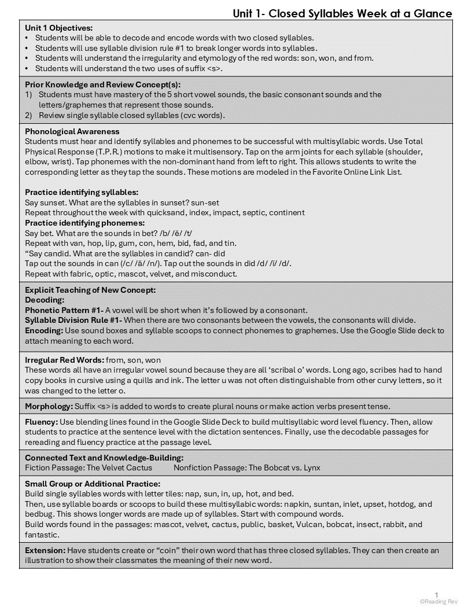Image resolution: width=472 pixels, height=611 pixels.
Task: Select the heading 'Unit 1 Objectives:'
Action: (58, 27)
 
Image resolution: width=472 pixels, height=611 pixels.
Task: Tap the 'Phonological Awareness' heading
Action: (72, 131)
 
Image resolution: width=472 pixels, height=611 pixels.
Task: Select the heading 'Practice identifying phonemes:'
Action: (84, 223)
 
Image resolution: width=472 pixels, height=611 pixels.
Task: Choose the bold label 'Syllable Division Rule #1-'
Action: (73, 320)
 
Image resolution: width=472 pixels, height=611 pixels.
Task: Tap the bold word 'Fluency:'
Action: (42, 422)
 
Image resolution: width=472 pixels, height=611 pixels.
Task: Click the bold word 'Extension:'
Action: (45, 550)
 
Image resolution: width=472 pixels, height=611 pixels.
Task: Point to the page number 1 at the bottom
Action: (437, 594)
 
